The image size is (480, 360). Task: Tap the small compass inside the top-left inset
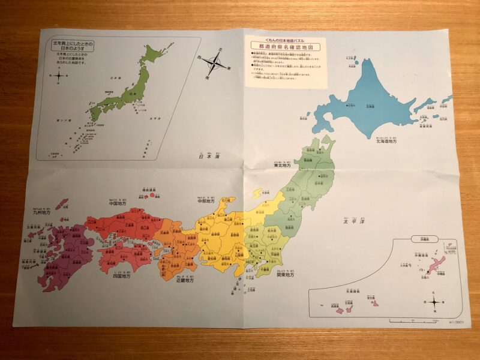58,75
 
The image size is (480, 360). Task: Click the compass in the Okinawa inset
434,301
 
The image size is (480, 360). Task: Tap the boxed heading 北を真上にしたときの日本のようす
73,47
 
